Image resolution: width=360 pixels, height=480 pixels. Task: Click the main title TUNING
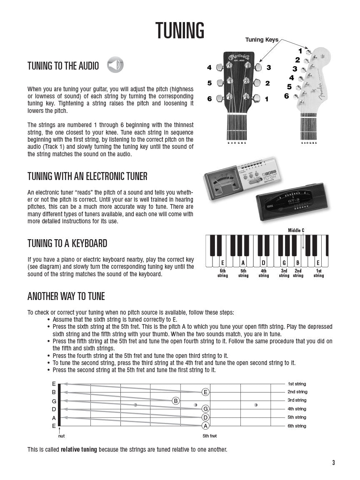tap(180, 30)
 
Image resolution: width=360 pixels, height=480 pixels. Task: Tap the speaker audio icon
tap(115, 65)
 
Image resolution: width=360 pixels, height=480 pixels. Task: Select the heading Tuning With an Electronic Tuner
tap(87, 176)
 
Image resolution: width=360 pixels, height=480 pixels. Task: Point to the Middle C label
tap(296, 230)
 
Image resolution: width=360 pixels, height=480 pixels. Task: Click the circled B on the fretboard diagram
tap(176, 401)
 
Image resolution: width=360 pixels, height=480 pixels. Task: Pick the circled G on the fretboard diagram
tap(205, 409)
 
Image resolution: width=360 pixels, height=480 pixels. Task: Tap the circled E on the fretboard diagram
tap(205, 392)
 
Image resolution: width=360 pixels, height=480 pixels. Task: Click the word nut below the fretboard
tap(61, 436)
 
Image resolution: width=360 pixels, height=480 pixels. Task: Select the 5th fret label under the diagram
tap(210, 436)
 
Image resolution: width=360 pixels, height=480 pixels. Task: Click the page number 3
tap(333, 462)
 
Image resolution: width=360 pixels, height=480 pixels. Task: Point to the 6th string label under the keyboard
tap(222, 273)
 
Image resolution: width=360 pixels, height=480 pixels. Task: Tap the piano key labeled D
tap(263, 263)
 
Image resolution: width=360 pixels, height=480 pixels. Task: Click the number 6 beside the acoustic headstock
tap(209, 99)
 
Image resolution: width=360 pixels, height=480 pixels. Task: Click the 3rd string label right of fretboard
tap(297, 400)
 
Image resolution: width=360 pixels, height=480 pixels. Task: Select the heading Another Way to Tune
tap(66, 296)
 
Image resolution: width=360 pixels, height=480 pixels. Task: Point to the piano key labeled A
tap(243, 263)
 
